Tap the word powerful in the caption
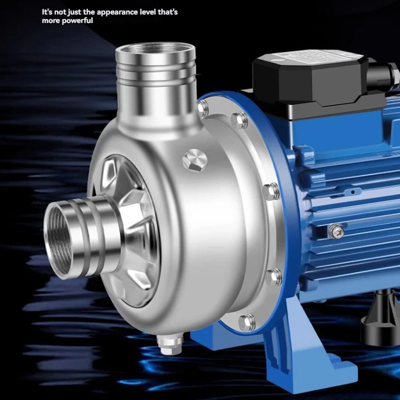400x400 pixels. (76, 21)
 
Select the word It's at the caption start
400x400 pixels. (47, 11)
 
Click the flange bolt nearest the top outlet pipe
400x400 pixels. (203, 107)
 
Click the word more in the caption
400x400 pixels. (50, 21)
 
